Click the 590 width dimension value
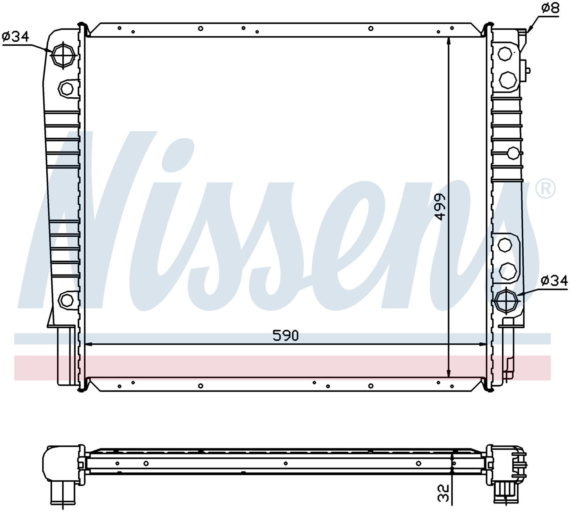pyautogui.click(x=285, y=336)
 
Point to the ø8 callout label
pyautogui.click(x=550, y=8)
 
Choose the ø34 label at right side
pyautogui.click(x=554, y=281)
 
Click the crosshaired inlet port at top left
pyautogui.click(x=63, y=55)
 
